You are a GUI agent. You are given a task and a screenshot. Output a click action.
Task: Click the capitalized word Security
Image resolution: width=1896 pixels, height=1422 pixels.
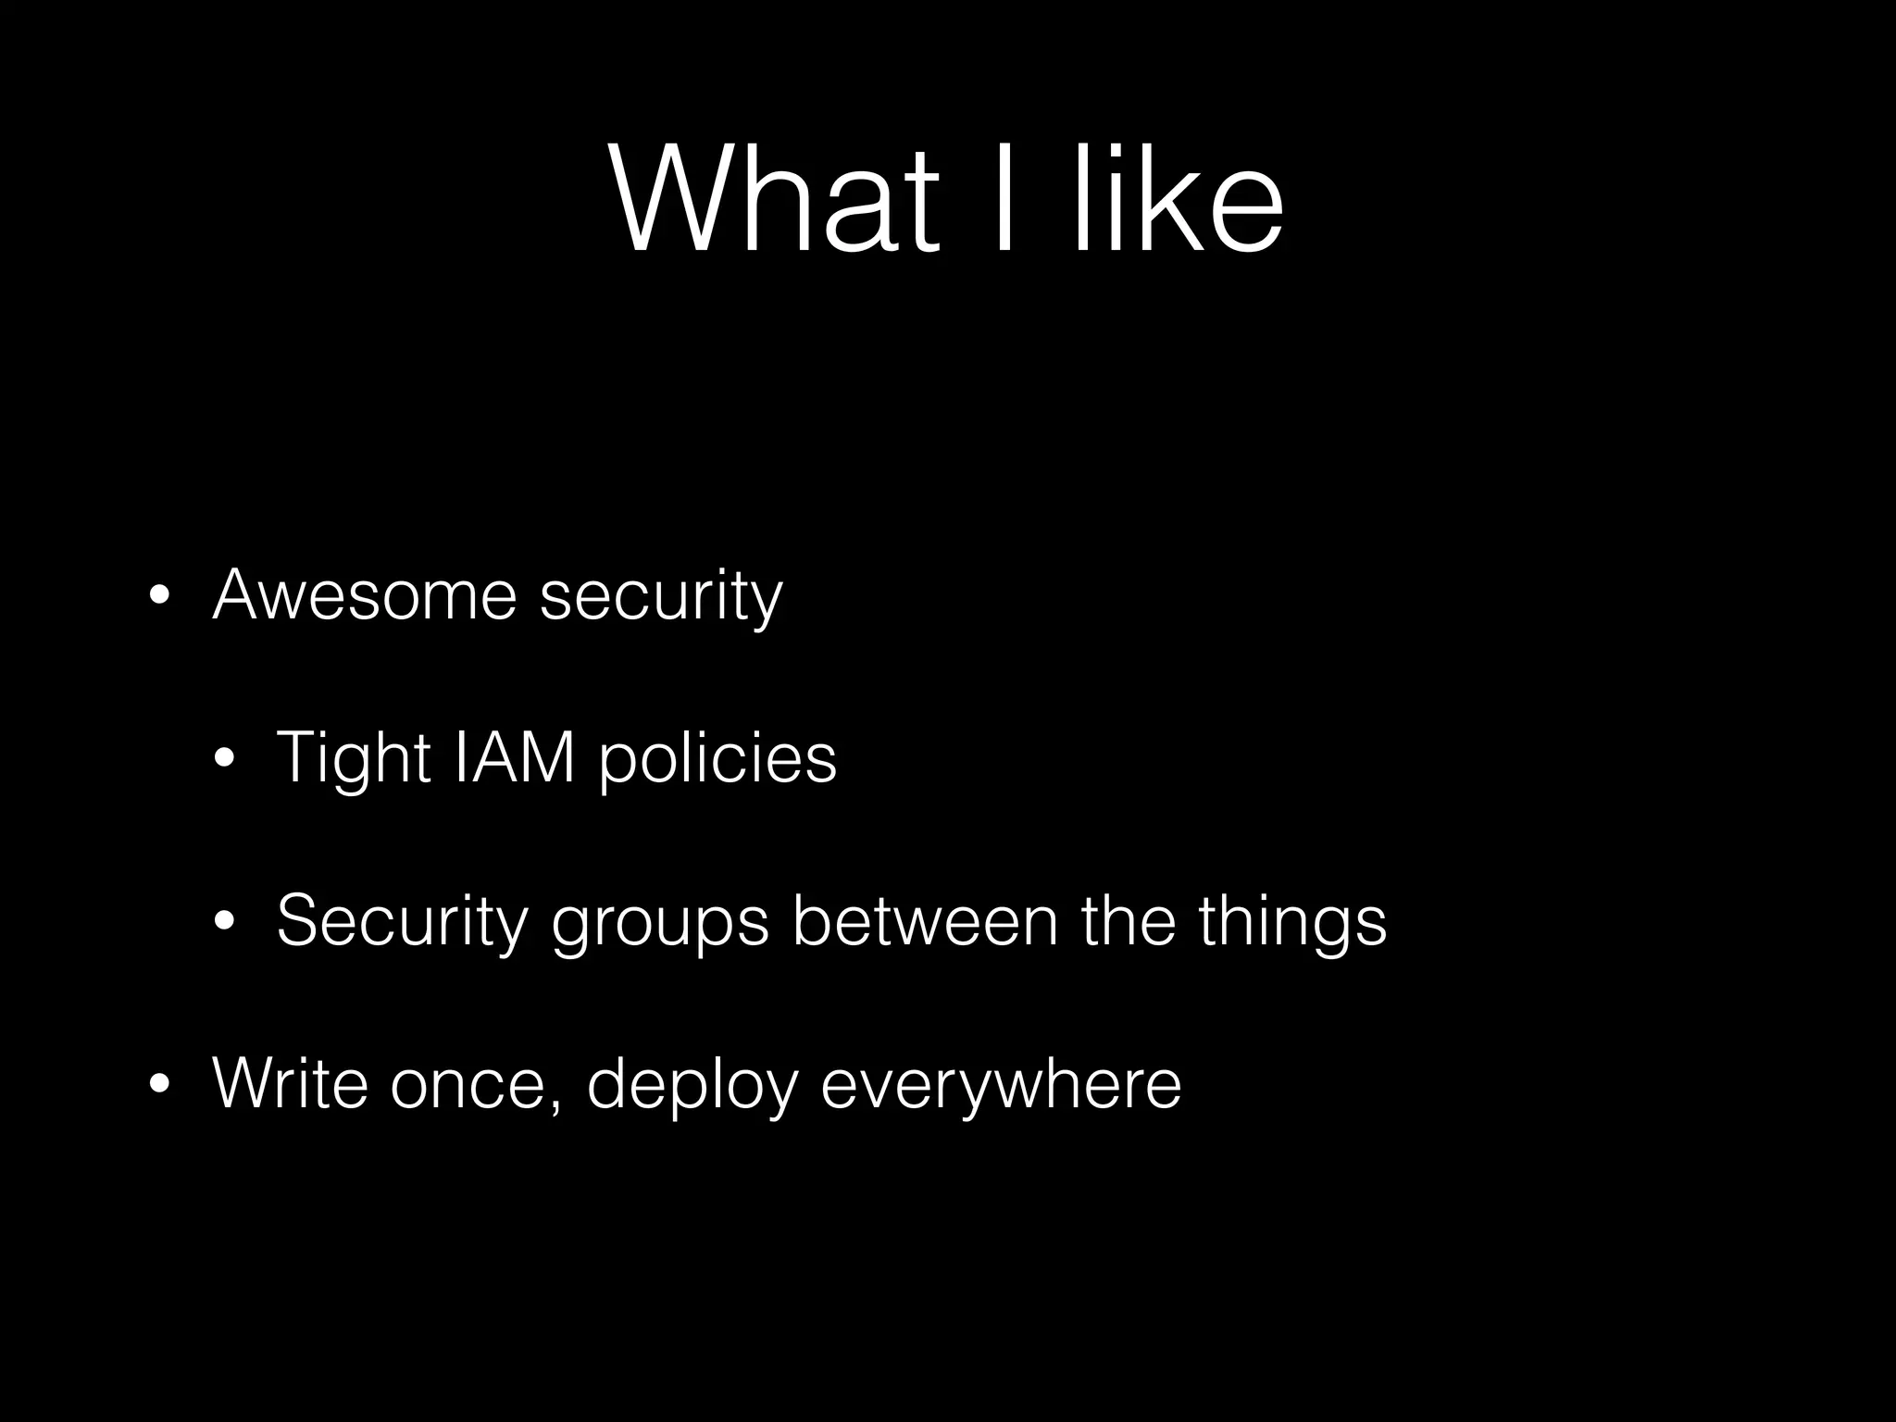click(x=402, y=922)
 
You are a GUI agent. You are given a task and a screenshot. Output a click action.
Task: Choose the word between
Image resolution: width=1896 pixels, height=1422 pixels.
click(x=925, y=920)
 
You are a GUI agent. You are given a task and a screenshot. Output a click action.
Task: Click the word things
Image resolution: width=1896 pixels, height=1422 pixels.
click(x=1292, y=922)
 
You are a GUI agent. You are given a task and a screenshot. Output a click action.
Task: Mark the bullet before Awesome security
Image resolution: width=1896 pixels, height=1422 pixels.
click(x=159, y=596)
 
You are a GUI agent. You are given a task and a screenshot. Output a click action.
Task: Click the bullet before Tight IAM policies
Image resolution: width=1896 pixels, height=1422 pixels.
click(x=222, y=759)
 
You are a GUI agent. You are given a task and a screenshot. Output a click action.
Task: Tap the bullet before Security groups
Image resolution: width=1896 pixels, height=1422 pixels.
click(x=222, y=922)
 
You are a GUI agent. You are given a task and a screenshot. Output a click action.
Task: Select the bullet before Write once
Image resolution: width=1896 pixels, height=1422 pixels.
click(x=159, y=1084)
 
